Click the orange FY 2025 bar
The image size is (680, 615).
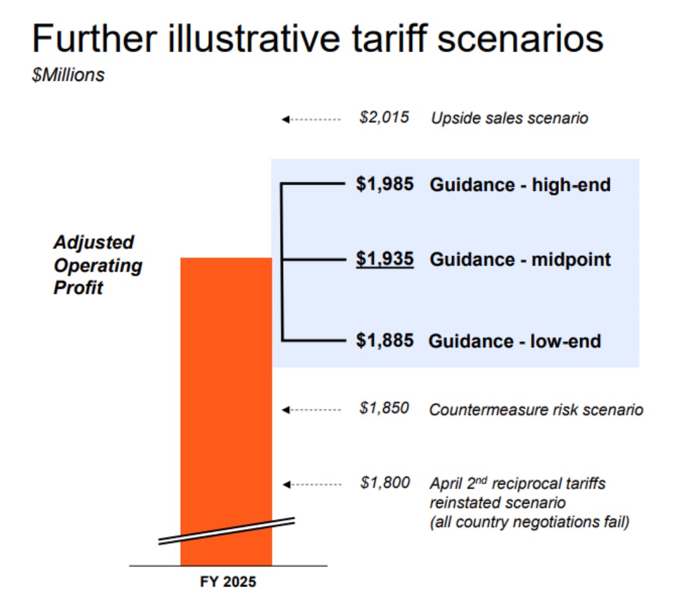226,411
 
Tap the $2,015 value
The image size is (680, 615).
384,117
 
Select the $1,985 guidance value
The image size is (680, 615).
385,184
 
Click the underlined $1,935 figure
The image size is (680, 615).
385,259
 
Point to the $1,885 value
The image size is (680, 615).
385,341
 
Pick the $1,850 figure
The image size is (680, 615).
384,408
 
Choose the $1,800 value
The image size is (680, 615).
385,483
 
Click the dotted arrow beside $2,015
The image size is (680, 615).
311,119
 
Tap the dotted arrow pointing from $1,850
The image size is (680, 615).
311,409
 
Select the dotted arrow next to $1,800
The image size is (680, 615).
312,484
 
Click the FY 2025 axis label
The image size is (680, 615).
228,582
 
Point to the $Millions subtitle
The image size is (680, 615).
68,75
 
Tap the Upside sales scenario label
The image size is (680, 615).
509,118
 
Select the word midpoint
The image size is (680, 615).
571,260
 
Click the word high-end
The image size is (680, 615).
571,185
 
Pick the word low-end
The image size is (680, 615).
565,341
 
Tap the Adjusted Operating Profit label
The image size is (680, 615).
98,265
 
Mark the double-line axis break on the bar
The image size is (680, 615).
227,531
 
